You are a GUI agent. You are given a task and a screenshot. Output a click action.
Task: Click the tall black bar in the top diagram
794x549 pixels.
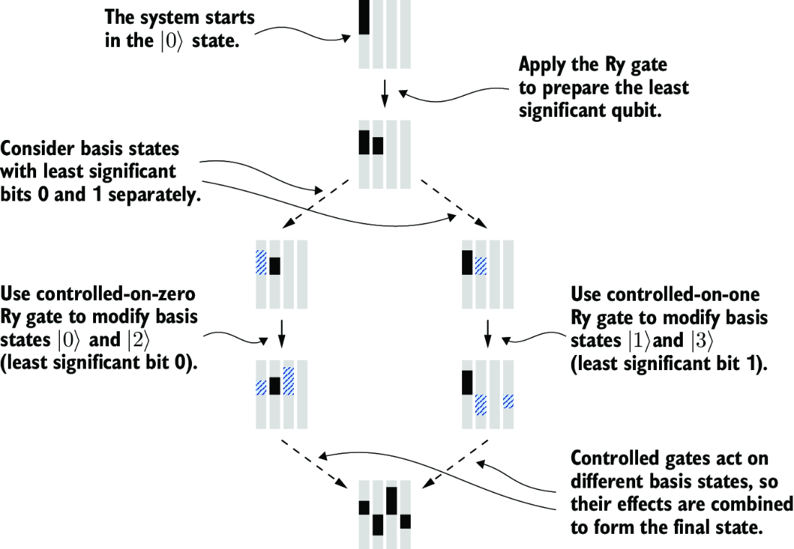point(364,17)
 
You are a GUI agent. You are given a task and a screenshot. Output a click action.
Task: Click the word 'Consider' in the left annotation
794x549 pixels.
point(38,149)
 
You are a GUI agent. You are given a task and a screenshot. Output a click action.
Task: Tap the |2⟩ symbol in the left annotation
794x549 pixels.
point(139,340)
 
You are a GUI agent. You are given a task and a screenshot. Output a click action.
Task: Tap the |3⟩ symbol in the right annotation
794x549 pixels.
point(701,341)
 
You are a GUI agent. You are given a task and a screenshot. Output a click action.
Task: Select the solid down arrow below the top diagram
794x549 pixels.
point(384,93)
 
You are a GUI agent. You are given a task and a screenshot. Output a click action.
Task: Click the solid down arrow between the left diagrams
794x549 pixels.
point(282,333)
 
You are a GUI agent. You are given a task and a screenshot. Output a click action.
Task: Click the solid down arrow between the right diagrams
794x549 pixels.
point(488,333)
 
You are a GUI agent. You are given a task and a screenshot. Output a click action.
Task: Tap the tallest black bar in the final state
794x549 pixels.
point(391,501)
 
